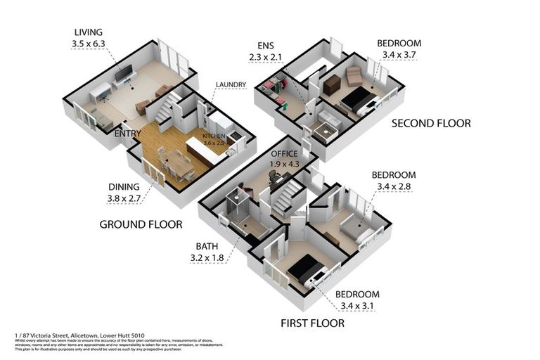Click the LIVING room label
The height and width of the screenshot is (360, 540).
pyautogui.click(x=88, y=32)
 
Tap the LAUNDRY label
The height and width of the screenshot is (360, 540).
pyautogui.click(x=231, y=85)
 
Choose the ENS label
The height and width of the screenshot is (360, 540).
pyautogui.click(x=265, y=48)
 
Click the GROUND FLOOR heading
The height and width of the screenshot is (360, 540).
pyautogui.click(x=141, y=225)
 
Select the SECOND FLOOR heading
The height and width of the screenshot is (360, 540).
pyautogui.click(x=430, y=123)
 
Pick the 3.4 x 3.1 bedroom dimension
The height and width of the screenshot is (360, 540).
pyautogui.click(x=357, y=306)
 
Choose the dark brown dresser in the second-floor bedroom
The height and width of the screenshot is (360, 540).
pyautogui.click(x=332, y=85)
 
